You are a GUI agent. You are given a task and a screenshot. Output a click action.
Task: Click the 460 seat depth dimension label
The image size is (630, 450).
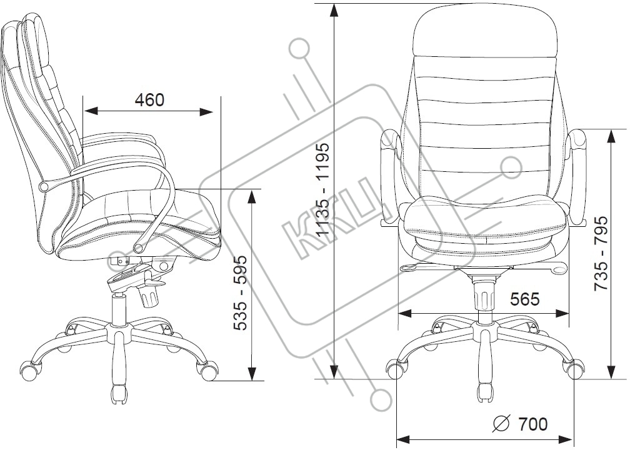click(x=149, y=100)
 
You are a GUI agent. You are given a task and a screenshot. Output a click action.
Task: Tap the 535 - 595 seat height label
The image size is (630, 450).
click(x=241, y=292)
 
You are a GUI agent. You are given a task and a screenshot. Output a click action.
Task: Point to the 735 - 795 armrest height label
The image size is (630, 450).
click(x=601, y=253)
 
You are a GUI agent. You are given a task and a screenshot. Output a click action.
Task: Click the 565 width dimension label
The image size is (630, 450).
click(x=525, y=299)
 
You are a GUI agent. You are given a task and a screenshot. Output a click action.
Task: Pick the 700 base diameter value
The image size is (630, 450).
click(x=532, y=424)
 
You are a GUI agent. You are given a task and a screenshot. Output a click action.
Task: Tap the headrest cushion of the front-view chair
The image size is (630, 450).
click(x=486, y=31)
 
